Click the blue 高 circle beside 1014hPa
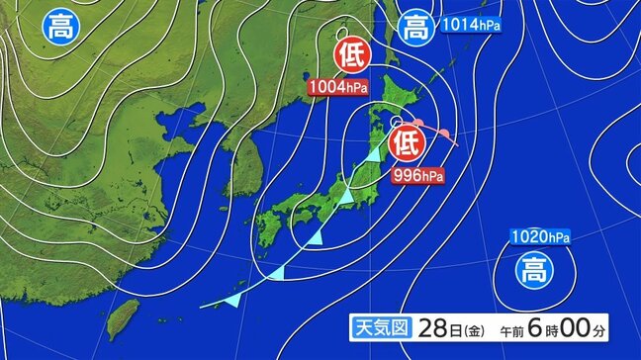point(413,28)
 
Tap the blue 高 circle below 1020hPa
point(531,268)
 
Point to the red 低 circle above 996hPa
point(405,143)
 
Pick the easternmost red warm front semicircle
point(446,134)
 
